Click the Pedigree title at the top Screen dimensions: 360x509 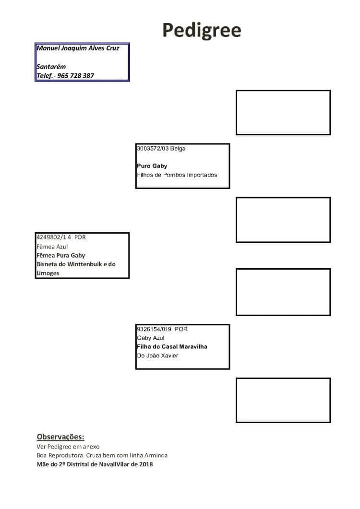[x=202, y=31]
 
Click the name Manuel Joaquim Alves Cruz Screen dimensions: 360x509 [x=78, y=48]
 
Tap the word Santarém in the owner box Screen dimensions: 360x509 [x=51, y=67]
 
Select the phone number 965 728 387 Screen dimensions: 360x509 [x=76, y=76]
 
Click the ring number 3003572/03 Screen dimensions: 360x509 [x=152, y=148]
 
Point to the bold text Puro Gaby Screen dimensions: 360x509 [x=152, y=166]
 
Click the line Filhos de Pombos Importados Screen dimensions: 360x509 [x=177, y=175]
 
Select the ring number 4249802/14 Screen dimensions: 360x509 [x=54, y=237]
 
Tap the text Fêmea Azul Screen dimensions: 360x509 [x=52, y=247]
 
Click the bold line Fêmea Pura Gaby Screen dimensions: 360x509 [x=61, y=255]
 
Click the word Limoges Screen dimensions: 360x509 [x=48, y=273]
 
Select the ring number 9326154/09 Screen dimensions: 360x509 [x=154, y=329]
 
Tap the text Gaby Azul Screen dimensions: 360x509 [x=150, y=338]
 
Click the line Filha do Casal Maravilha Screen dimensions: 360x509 [x=172, y=346]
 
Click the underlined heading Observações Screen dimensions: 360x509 [x=60, y=437]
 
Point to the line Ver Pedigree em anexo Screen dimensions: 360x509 [x=68, y=446]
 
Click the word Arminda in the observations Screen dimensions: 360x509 [x=156, y=455]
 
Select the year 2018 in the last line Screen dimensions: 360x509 [x=146, y=464]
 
